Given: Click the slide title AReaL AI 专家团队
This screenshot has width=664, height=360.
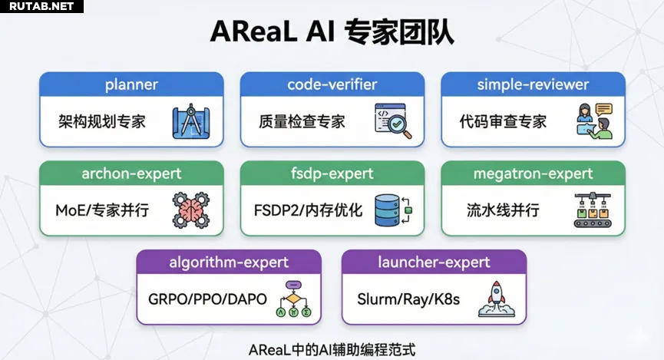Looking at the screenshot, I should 332,32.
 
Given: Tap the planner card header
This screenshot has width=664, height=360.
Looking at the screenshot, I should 131,84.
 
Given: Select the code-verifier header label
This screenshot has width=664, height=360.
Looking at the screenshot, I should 332,84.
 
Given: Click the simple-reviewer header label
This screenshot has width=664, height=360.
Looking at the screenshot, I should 533,84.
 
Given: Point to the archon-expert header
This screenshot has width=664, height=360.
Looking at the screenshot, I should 131,173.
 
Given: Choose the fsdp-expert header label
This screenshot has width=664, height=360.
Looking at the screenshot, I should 332,173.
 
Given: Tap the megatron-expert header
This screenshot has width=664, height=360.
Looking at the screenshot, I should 533,173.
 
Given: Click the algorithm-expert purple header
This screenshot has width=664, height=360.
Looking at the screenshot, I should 229,263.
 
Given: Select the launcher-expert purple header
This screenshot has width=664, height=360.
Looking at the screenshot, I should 434,263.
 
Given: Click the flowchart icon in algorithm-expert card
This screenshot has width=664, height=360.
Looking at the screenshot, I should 292,299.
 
